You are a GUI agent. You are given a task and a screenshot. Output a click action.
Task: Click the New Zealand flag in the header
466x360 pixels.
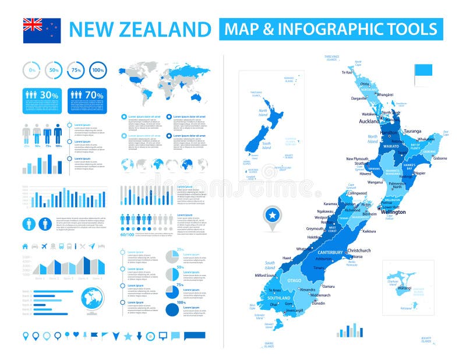(41, 30)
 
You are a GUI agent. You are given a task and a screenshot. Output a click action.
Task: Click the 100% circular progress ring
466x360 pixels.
(98, 70)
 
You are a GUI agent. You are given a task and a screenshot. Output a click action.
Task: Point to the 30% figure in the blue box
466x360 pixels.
(49, 94)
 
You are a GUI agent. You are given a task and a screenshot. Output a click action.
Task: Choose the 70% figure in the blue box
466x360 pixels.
(94, 94)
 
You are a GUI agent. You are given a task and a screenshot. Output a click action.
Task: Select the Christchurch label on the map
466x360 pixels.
(359, 250)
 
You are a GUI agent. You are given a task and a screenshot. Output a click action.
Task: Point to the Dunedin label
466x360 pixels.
(318, 303)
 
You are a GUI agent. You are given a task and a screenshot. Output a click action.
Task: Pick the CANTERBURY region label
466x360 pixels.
(330, 252)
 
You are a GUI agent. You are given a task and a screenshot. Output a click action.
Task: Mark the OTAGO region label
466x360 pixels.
(294, 281)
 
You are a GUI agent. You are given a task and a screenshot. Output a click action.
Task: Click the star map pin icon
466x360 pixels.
(271, 216)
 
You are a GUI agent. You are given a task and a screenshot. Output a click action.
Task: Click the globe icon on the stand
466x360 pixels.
(91, 299)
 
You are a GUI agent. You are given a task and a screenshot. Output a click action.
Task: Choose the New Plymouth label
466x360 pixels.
(358, 158)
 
